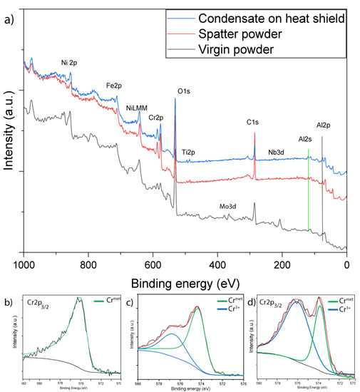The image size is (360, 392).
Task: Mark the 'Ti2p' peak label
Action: [188, 152]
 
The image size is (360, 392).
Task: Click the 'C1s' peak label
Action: [252, 122]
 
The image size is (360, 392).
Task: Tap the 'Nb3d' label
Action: [278, 153]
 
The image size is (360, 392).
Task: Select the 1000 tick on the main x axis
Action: [24, 262]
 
